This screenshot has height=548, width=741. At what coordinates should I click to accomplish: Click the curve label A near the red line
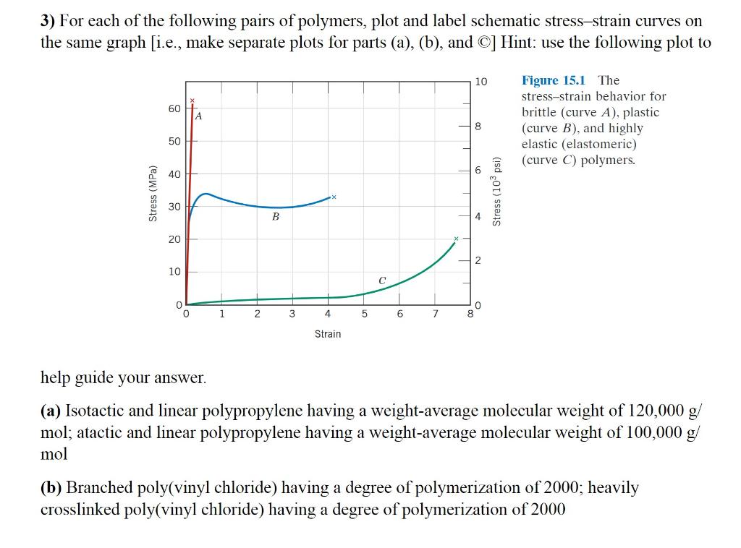(199, 116)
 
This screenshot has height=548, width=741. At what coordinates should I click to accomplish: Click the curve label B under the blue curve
(276, 216)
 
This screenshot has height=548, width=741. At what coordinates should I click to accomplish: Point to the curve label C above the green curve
(382, 280)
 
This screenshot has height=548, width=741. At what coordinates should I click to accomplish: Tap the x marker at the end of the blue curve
(334, 196)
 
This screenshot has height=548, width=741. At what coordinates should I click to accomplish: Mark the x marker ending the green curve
(456, 239)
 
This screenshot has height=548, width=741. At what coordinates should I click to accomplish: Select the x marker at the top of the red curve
(192, 100)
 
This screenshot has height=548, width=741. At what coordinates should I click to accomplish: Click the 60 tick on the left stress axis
(174, 109)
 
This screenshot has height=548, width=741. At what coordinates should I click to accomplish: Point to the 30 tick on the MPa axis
(174, 207)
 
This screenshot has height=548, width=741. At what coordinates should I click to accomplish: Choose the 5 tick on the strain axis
(364, 314)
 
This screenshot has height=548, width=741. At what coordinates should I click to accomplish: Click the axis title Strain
(328, 334)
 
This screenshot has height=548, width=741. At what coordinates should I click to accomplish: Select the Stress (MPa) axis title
(153, 194)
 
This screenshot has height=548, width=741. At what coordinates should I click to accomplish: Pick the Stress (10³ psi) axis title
(496, 191)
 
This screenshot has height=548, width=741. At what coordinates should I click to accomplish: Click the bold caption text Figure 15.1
(554, 80)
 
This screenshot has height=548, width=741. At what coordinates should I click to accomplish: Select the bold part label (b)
(51, 488)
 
